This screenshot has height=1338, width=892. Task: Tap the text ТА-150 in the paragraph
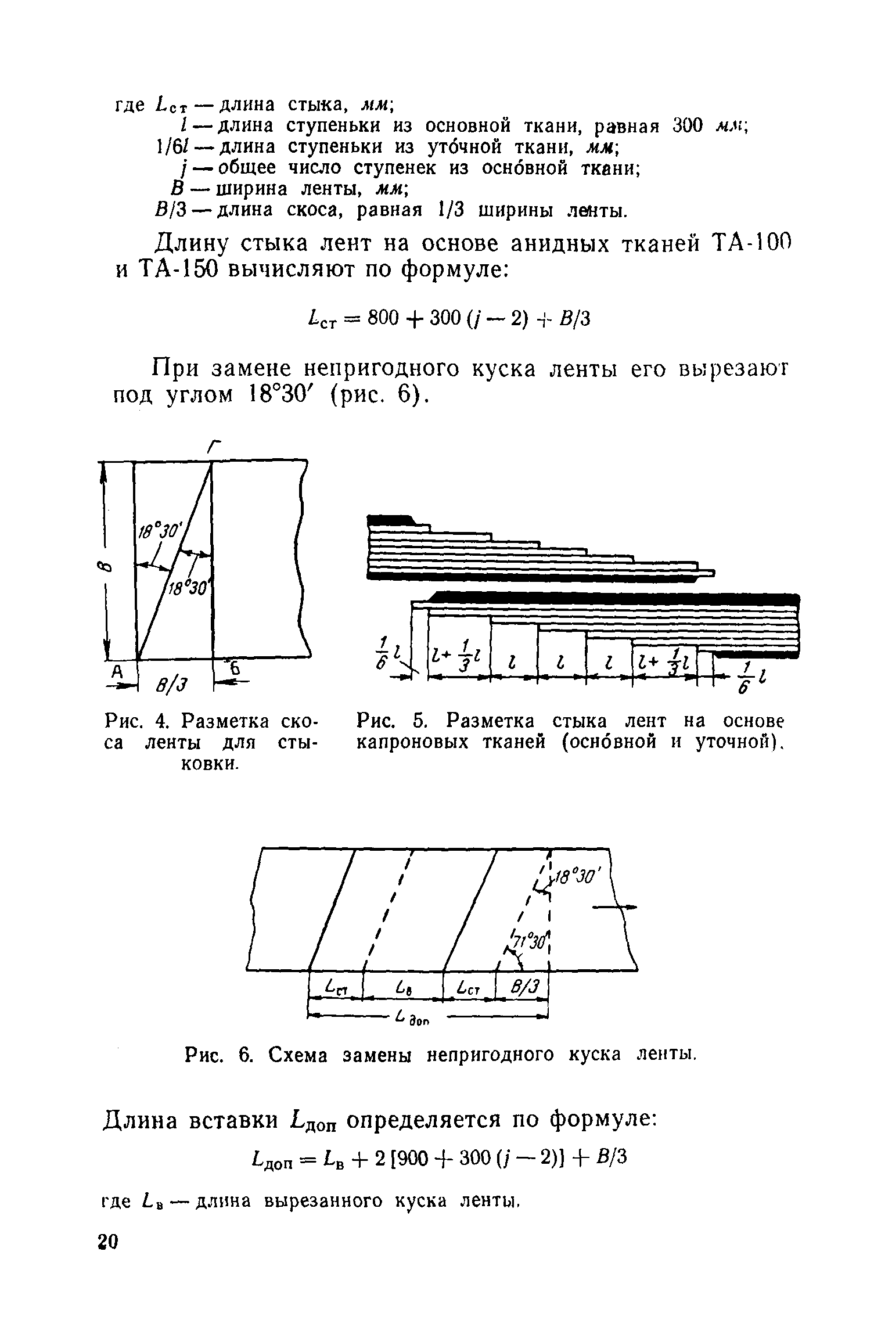[x=177, y=269]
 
